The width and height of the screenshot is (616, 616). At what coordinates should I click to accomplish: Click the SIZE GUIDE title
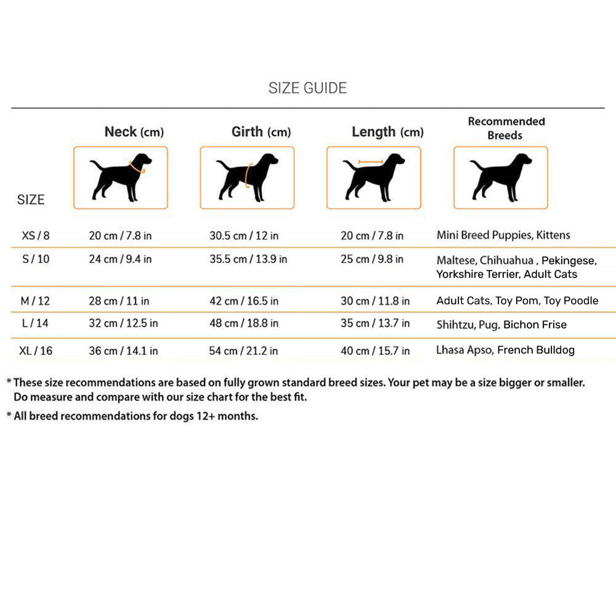pyautogui.click(x=307, y=88)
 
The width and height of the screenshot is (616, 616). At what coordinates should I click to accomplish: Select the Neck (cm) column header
pyautogui.click(x=134, y=132)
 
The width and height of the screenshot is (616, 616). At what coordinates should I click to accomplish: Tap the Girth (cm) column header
pyautogui.click(x=261, y=132)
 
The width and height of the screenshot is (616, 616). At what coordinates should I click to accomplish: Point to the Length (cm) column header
pyautogui.click(x=387, y=132)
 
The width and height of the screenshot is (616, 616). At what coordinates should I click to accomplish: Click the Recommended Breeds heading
pyautogui.click(x=506, y=128)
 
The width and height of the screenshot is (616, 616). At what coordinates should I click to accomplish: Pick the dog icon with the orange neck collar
pyautogui.click(x=121, y=177)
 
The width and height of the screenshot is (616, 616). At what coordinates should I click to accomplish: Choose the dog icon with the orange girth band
pyautogui.click(x=247, y=177)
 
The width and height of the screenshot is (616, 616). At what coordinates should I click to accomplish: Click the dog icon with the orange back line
pyautogui.click(x=374, y=177)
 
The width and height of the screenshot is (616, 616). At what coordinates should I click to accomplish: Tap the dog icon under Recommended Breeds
pyautogui.click(x=501, y=177)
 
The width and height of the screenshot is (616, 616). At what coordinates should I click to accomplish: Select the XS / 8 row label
pyautogui.click(x=36, y=235)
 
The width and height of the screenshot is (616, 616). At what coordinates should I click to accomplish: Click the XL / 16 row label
pyautogui.click(x=36, y=351)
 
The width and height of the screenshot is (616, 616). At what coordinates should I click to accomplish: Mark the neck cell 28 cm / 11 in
pyautogui.click(x=119, y=301)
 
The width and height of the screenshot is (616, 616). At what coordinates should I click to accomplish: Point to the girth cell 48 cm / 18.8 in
pyautogui.click(x=244, y=323)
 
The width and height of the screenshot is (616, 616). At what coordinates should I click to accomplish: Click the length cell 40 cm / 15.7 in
pyautogui.click(x=375, y=351)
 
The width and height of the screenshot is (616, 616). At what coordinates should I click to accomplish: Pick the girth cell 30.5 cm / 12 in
pyautogui.click(x=244, y=235)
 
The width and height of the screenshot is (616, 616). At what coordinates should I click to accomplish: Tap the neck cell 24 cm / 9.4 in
pyautogui.click(x=120, y=259)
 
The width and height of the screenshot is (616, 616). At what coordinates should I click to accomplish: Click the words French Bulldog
pyautogui.click(x=536, y=350)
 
